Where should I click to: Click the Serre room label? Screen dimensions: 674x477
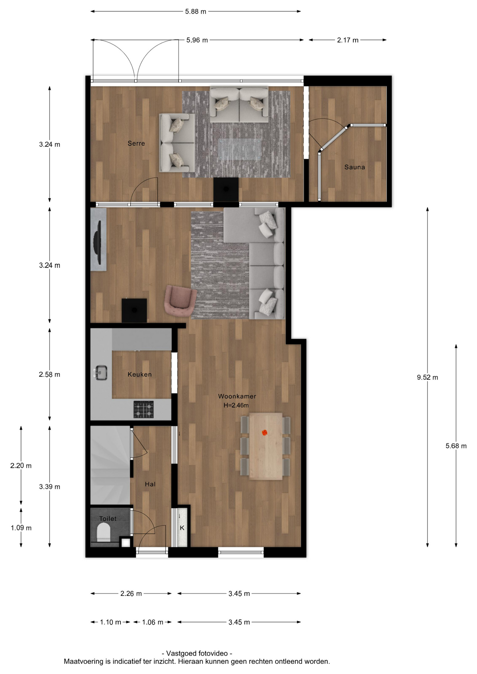[x=136, y=143]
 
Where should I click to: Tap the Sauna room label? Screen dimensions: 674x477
[x=354, y=167]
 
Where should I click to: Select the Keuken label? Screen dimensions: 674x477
[x=139, y=375]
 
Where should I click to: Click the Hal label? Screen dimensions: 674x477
[x=150, y=484]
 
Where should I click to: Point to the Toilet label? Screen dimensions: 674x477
[x=108, y=518]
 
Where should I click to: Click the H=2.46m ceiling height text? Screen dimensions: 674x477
[x=236, y=405]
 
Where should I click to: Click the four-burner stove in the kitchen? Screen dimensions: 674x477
[x=143, y=409]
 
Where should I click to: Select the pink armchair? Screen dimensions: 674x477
[x=179, y=300]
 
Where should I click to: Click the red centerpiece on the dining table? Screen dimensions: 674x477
[x=264, y=432]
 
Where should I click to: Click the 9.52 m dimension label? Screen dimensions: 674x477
[x=427, y=377]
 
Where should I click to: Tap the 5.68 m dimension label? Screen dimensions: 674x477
[x=456, y=446]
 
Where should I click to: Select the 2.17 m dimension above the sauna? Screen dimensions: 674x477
[x=348, y=40]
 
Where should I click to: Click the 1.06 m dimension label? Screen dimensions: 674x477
[x=152, y=622]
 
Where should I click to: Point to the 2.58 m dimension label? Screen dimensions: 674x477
[x=50, y=375]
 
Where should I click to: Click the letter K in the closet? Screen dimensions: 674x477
[x=182, y=528]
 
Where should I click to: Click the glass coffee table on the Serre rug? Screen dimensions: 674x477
[x=240, y=150]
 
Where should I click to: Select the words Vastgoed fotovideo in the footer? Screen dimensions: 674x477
[x=197, y=653]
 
